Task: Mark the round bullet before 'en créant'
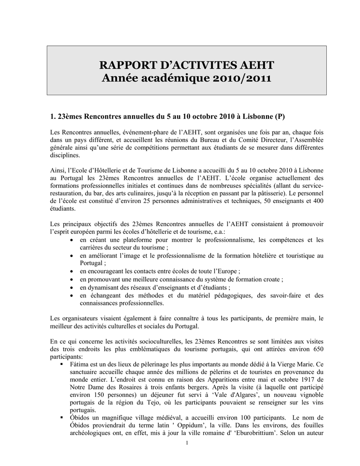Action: pos(73,240)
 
